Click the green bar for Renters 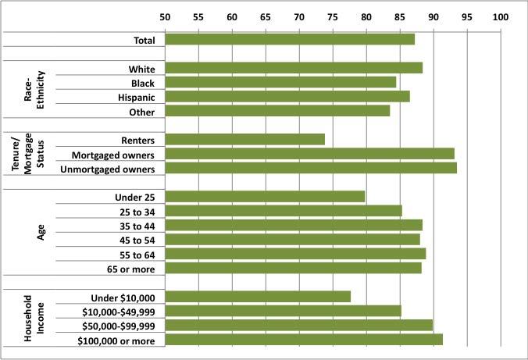click(244, 140)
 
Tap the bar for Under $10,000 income click(258, 297)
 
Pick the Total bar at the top click(289, 39)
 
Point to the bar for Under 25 click(265, 196)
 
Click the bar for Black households click(280, 82)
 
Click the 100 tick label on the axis click(500, 16)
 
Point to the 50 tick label click(165, 16)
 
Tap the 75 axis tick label click(333, 16)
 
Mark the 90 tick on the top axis click(433, 16)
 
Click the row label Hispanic click(136, 97)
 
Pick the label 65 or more click(132, 269)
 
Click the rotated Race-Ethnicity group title click(36, 89)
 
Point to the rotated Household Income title click(35, 318)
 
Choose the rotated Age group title click(41, 232)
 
